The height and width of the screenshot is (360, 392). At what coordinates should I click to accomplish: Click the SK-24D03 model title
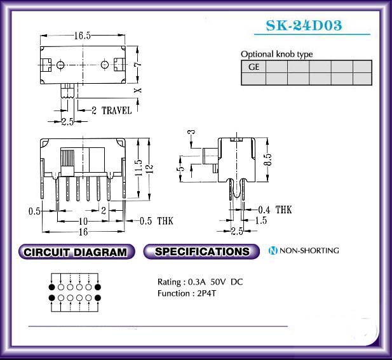pos(304,25)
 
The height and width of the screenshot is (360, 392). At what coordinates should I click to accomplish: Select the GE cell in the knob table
pos(253,67)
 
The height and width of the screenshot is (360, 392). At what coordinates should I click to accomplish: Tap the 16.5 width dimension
pos(83,36)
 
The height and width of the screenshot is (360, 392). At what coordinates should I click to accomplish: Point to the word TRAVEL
pos(116,110)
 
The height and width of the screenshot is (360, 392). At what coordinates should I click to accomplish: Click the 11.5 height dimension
pos(138,168)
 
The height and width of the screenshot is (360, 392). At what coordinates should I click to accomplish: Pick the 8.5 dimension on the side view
pos(267,159)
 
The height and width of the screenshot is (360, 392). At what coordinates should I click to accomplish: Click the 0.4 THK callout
pos(274,210)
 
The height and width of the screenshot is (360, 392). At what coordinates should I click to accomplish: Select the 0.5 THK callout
pos(156,221)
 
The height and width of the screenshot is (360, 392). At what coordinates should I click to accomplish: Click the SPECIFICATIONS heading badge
pos(201,251)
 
